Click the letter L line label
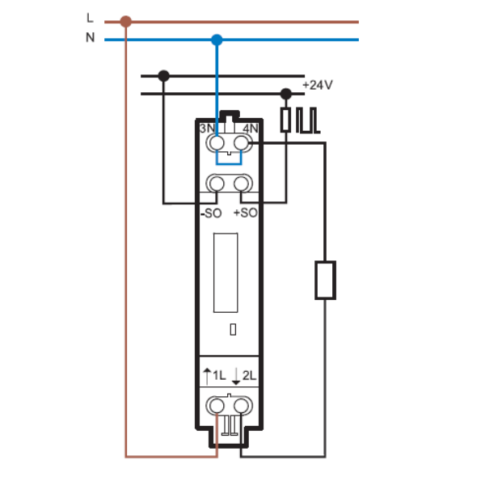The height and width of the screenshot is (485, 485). click(90, 18)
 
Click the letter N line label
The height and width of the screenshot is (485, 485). click(90, 37)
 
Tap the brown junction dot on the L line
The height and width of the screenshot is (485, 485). click(125, 22)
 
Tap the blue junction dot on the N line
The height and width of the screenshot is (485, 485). click(217, 40)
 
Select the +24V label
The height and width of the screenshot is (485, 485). click(318, 85)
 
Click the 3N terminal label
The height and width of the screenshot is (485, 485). click(207, 128)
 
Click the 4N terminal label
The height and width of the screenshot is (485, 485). click(251, 128)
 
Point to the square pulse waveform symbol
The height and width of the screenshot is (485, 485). click(308, 120)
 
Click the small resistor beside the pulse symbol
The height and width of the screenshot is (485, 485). click(285, 120)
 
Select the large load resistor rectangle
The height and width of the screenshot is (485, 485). click(326, 280)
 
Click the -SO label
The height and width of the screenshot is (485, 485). click(211, 213)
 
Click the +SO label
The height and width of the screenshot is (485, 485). click(246, 213)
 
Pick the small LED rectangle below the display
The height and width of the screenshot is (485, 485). click(234, 330)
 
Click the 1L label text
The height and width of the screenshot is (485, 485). click(219, 376)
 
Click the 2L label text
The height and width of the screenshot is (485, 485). click(249, 376)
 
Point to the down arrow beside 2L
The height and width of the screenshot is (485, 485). click(236, 376)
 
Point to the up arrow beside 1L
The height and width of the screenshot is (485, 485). click(207, 376)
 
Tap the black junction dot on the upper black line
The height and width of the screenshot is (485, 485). click(163, 76)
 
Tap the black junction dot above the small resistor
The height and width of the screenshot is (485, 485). click(286, 94)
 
